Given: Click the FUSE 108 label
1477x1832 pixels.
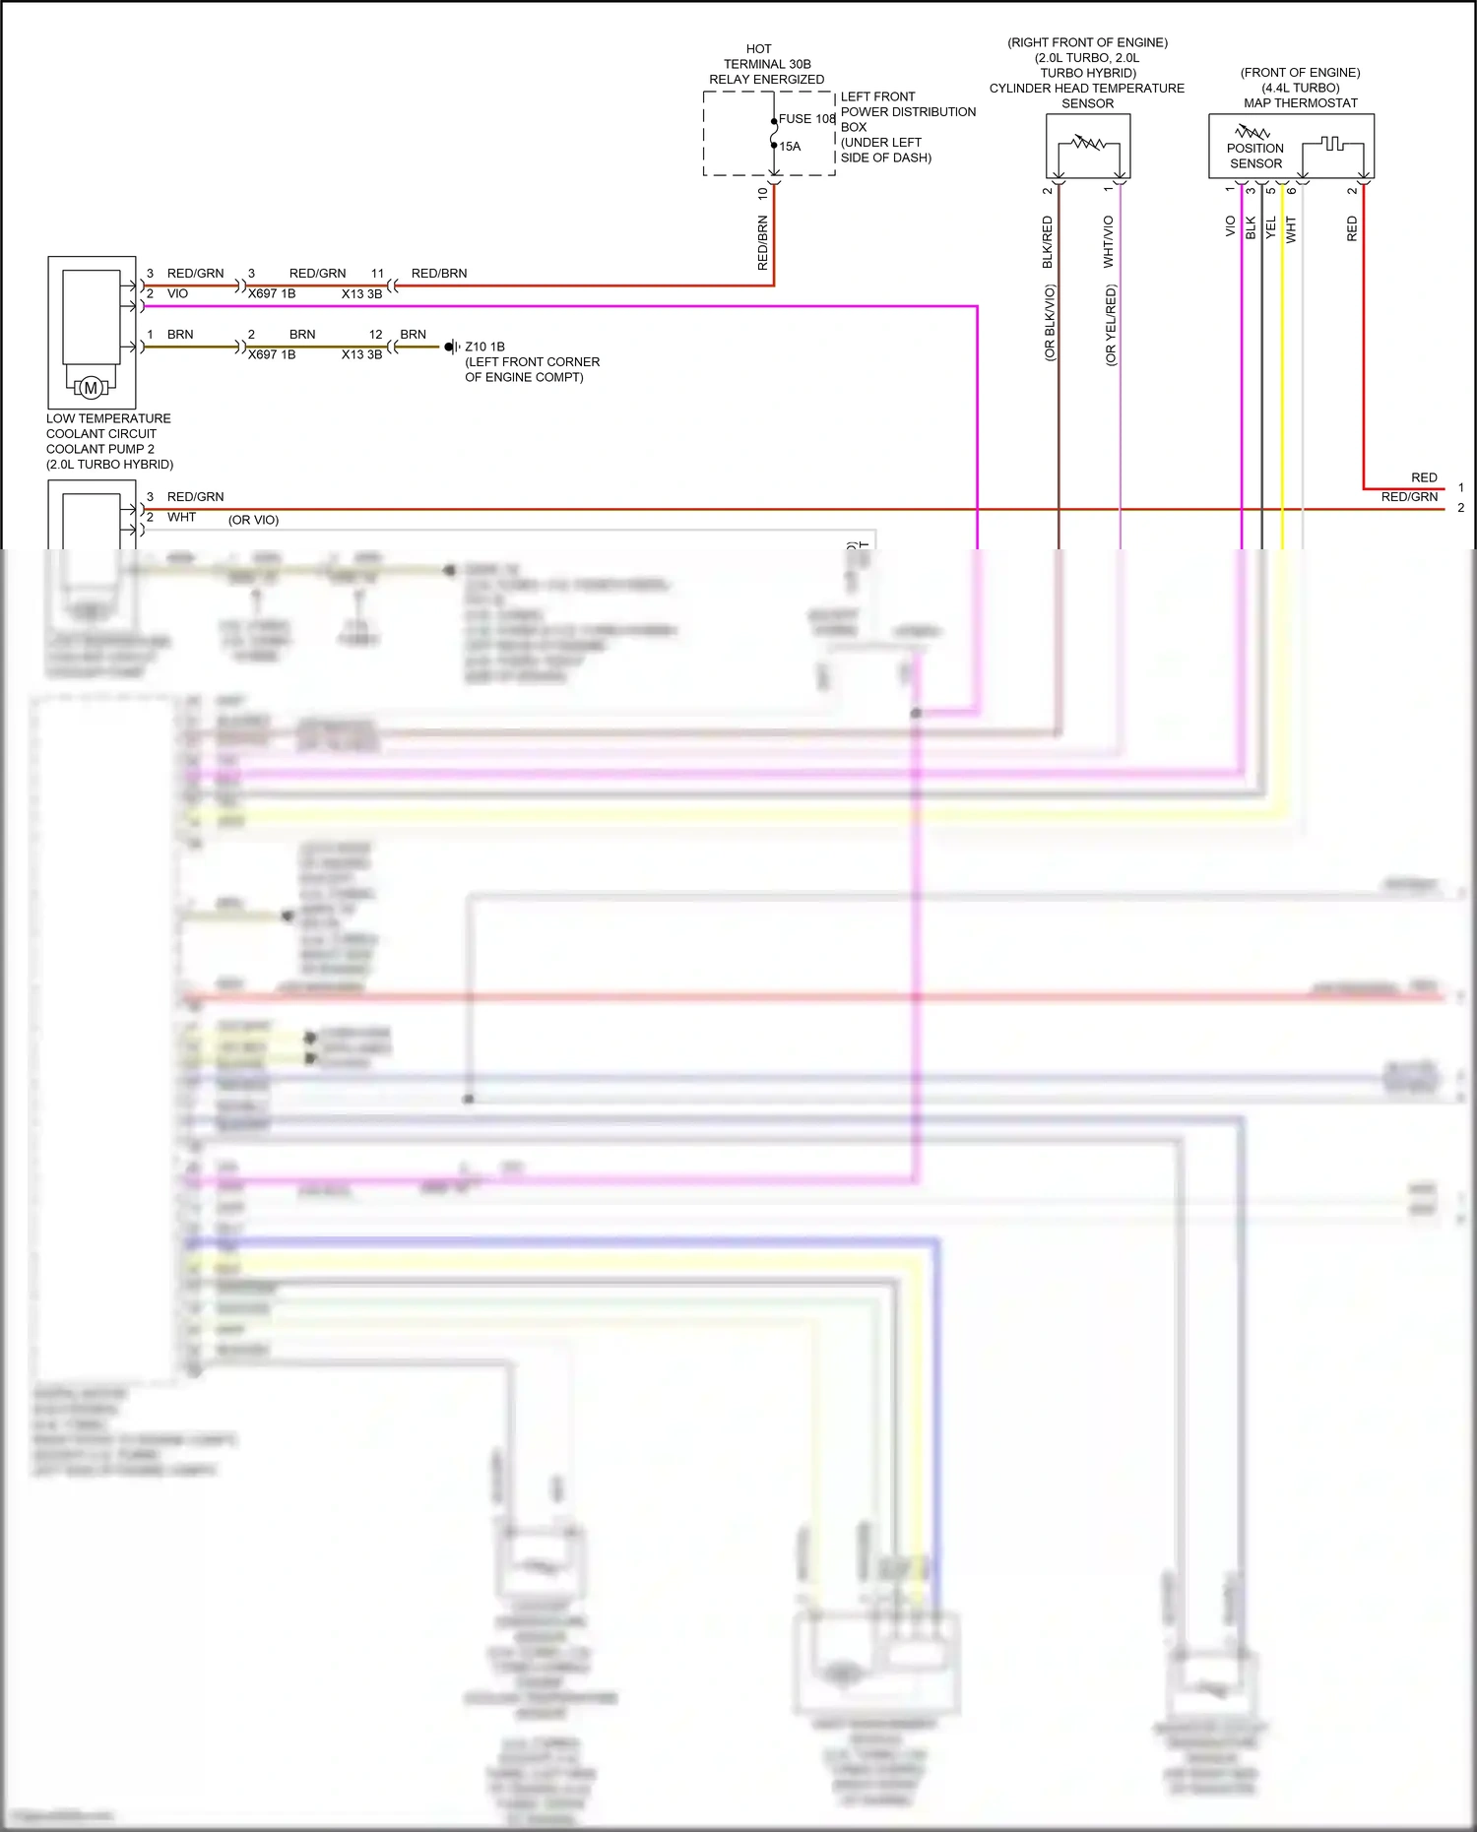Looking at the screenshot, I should (806, 119).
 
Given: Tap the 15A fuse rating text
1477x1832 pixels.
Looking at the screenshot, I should (790, 147).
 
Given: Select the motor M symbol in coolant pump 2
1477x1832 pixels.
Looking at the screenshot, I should (91, 388).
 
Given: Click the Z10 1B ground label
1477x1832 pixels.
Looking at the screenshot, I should (484, 347).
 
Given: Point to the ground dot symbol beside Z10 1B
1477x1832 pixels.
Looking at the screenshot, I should (448, 347).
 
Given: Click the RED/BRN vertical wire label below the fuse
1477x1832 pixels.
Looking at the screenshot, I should (762, 243).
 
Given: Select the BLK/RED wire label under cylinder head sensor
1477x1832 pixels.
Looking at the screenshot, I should (1048, 242).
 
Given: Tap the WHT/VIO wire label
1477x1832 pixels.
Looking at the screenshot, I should (1109, 242).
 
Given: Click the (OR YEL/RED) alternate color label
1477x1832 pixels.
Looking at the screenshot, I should (1111, 326).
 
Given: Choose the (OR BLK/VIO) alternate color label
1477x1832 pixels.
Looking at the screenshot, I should (1050, 323).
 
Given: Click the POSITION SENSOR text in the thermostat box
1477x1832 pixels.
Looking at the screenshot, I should (1255, 156).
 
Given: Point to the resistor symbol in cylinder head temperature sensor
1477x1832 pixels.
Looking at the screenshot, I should (1088, 144).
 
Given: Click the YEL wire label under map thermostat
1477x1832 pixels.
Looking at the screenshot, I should (1271, 228).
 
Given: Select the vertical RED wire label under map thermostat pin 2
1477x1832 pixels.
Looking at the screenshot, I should (1352, 229).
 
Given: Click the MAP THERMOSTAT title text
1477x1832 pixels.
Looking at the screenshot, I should (1300, 102).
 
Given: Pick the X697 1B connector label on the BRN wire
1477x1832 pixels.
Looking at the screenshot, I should (272, 354).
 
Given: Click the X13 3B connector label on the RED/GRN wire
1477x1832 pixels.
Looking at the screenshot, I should (361, 293).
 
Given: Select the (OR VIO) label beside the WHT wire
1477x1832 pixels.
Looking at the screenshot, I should (254, 520).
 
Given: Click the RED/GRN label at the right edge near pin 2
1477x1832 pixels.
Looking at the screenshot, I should (1409, 497).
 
